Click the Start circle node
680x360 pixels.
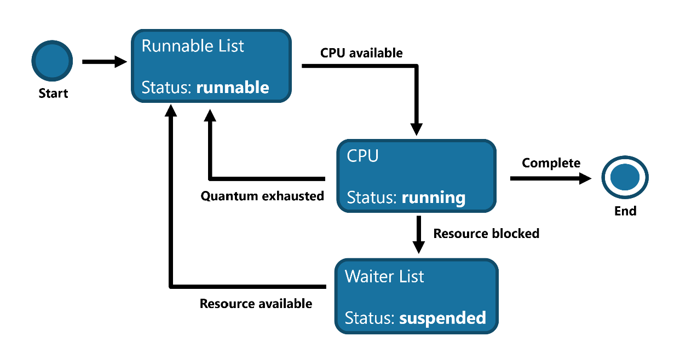[52, 61]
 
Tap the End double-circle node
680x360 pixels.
[625, 177]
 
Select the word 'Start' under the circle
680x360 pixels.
[53, 94]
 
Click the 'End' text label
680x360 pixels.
[625, 211]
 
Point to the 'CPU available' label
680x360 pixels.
[361, 53]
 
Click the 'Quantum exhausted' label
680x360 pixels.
[262, 196]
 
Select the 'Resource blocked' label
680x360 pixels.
[486, 234]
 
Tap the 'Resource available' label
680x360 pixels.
[256, 304]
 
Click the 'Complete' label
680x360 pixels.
[551, 164]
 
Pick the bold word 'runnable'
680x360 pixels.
[233, 88]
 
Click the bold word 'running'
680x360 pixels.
[434, 198]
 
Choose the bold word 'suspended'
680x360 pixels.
[442, 318]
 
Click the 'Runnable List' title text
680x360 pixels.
[193, 46]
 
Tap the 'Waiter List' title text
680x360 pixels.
[384, 277]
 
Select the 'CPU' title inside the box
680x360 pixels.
[363, 156]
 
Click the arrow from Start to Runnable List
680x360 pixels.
[105, 62]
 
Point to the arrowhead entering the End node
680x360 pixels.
[585, 178]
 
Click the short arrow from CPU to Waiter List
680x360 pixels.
[419, 235]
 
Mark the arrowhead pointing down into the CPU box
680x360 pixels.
[417, 130]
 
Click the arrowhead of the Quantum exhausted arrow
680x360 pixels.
[210, 115]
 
